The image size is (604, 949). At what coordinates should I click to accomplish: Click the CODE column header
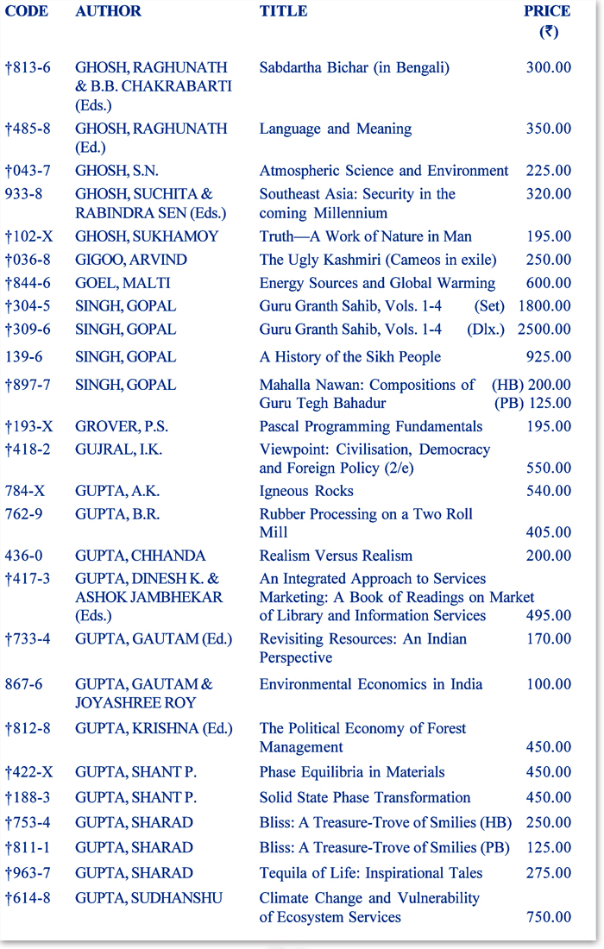(x=27, y=11)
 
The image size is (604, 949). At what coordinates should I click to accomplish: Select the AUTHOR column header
(x=108, y=11)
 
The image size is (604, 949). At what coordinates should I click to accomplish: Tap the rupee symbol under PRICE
(x=548, y=32)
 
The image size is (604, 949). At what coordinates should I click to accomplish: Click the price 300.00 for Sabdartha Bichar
(x=548, y=67)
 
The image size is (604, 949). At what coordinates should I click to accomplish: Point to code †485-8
(x=28, y=129)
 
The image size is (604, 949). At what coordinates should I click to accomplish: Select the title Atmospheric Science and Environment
(x=384, y=171)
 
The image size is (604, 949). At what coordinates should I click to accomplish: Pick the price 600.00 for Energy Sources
(x=548, y=283)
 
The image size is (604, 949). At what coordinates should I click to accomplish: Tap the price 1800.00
(x=544, y=306)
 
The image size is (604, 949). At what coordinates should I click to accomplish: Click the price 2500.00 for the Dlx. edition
(x=544, y=330)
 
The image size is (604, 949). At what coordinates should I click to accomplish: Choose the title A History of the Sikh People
(x=350, y=357)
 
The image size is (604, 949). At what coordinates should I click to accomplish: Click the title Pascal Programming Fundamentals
(x=371, y=426)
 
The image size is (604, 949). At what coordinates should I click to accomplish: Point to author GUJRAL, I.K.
(x=118, y=449)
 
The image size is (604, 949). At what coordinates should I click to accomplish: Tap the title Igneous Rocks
(x=306, y=492)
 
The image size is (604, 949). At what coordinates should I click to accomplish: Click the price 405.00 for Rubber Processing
(x=548, y=533)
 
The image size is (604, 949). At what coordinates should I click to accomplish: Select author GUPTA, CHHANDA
(x=134, y=556)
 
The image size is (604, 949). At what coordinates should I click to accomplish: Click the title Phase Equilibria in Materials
(x=352, y=772)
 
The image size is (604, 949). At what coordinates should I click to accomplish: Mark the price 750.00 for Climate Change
(x=548, y=917)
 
